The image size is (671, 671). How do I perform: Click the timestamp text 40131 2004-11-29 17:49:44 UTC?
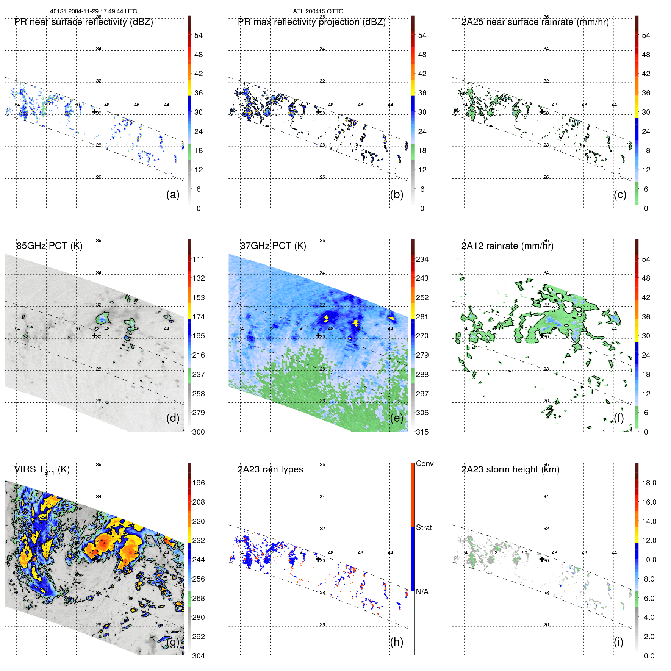point(94,11)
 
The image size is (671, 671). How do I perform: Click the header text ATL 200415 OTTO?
point(318,11)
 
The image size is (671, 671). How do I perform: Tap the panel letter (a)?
point(173,194)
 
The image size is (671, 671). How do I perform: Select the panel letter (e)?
point(396,418)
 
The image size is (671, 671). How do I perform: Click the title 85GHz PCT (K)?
point(49,246)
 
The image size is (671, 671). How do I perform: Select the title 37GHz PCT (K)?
point(273,246)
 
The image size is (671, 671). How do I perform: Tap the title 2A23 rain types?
point(270,469)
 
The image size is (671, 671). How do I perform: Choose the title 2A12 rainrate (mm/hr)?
point(507,246)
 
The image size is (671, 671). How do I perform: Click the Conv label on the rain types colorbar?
point(425,463)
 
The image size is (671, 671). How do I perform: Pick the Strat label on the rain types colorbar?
point(424,527)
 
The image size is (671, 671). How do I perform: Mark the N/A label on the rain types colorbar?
point(422,592)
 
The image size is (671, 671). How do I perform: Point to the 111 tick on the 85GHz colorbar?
point(199,259)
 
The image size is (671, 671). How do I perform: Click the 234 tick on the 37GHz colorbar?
point(422,259)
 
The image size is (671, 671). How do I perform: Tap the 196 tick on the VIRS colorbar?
point(199,483)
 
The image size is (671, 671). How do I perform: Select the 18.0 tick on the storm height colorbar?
point(649,483)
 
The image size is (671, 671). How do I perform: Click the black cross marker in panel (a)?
point(94,111)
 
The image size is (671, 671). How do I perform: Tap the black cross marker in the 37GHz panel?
point(318,335)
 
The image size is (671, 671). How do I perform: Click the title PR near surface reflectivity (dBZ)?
point(83,22)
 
